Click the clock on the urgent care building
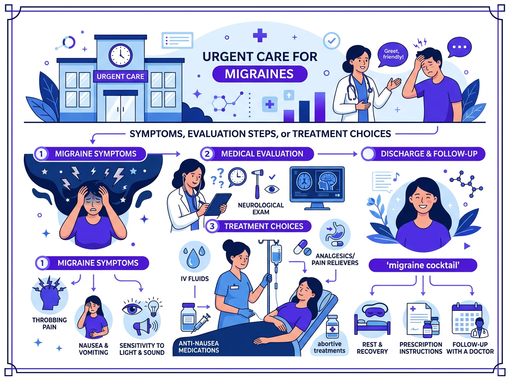(120, 56)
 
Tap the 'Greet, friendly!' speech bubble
(393, 54)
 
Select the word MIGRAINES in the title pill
(259, 74)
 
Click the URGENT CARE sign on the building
(120, 76)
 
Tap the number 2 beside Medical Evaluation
(207, 154)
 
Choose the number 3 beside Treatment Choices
(212, 226)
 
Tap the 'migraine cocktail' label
(423, 265)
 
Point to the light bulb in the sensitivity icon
(153, 307)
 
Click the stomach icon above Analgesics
(335, 235)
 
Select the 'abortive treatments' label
(329, 347)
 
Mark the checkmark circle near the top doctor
(331, 41)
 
